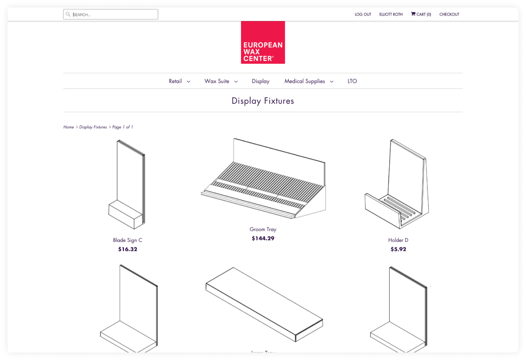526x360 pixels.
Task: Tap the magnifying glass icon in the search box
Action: pos(68,14)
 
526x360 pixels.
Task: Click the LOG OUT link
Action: pos(363,14)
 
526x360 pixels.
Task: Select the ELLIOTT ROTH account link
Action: pos(391,14)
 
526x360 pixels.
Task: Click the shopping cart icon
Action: pos(413,14)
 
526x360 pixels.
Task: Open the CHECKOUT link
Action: pos(449,14)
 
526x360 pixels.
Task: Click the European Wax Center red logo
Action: pos(263,42)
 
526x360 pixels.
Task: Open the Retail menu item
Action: pos(175,81)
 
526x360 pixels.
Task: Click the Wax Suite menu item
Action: pos(217,81)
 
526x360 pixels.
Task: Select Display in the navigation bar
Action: pos(260,81)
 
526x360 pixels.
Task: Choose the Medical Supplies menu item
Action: pos(305,81)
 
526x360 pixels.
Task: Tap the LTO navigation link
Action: pos(352,81)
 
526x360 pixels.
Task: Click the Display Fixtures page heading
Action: pos(263,101)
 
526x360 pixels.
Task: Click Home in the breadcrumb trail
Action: pos(69,127)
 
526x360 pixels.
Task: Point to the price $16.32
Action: pos(127,249)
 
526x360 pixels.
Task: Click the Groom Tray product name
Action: pos(263,229)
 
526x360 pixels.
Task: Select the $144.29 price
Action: pos(263,238)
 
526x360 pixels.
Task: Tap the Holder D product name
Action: pos(398,240)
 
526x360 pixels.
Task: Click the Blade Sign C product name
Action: pos(127,240)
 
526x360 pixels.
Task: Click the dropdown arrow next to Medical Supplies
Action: pos(332,81)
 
